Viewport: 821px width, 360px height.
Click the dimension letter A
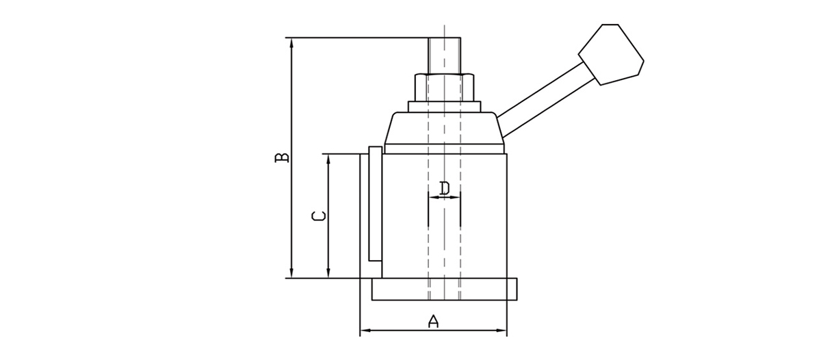point(432,321)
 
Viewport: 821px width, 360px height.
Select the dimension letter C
point(318,217)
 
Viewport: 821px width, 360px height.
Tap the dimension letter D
point(444,188)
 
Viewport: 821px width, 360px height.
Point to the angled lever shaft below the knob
point(540,92)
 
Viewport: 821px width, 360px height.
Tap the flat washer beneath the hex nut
point(445,106)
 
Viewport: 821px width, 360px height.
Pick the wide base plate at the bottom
point(445,290)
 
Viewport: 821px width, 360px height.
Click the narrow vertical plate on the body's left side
point(374,204)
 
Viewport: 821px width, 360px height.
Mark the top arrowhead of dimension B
point(292,42)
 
